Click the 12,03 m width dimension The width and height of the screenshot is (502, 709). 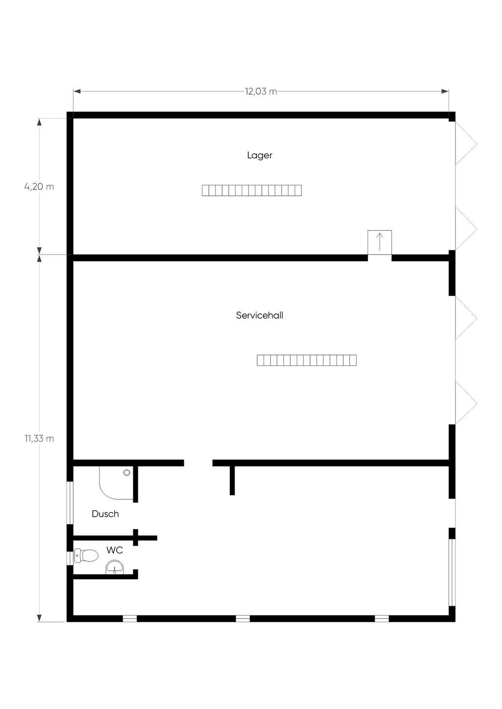click(x=261, y=92)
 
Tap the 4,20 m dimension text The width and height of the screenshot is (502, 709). click(x=39, y=187)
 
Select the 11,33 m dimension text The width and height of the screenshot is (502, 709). click(x=39, y=438)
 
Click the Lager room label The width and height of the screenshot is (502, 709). click(x=259, y=155)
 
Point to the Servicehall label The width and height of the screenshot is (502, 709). click(x=259, y=315)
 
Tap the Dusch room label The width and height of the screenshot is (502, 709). click(x=105, y=514)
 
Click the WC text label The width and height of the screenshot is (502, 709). click(x=114, y=550)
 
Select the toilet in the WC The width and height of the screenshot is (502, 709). click(x=86, y=555)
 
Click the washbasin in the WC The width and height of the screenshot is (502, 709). click(x=114, y=567)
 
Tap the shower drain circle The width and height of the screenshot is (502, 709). click(x=127, y=473)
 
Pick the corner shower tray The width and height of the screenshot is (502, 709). click(x=116, y=483)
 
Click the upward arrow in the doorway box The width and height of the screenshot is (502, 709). click(x=379, y=242)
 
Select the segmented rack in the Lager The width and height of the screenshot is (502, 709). click(x=251, y=190)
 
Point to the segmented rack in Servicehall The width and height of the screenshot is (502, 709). click(x=306, y=360)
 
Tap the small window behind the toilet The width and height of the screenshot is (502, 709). click(x=70, y=558)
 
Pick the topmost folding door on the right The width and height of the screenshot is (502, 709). click(x=466, y=143)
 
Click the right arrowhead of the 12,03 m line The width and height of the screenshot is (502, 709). click(x=445, y=92)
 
